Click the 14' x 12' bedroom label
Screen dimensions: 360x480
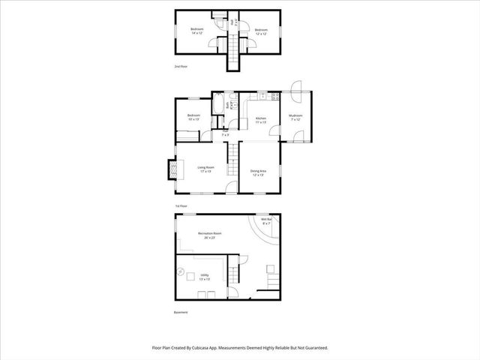197,31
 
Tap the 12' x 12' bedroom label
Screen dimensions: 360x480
260,31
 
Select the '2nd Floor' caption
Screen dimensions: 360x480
181,67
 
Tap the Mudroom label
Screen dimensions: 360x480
295,117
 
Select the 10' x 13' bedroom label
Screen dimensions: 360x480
193,117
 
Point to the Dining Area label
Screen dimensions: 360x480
259,172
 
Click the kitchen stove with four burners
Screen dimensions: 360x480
276,97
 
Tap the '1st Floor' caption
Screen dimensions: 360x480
181,205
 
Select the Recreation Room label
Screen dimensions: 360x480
210,235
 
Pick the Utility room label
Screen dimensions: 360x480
205,277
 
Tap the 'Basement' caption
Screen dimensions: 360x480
181,312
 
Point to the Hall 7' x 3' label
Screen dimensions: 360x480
225,133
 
